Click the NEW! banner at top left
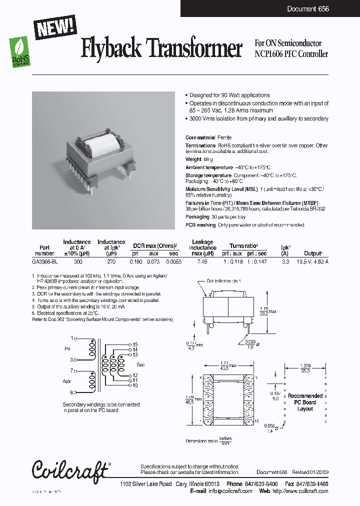(55, 25)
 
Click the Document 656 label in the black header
(308, 9)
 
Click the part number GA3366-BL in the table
(45, 260)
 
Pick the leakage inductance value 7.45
(202, 260)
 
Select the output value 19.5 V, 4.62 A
(313, 260)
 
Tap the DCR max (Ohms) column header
(155, 246)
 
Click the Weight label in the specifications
(193, 159)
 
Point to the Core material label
(200, 137)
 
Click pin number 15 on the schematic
(135, 344)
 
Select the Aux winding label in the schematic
(67, 381)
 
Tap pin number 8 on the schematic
(72, 392)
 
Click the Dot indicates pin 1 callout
(226, 281)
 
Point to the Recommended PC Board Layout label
(305, 402)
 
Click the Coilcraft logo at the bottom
(70, 469)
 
